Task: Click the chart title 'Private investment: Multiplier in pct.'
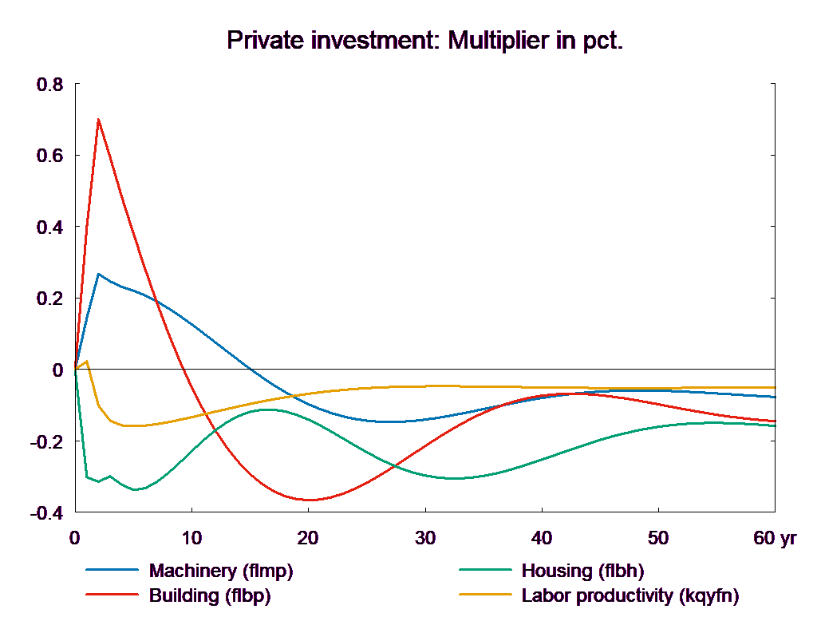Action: coord(424,40)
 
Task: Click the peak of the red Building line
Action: coord(98,119)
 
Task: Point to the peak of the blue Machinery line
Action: coord(98,274)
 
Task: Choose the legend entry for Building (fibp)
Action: coord(210,595)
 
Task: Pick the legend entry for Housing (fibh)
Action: coord(582,571)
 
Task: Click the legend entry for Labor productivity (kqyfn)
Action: coord(630,595)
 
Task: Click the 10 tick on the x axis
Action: coord(191,538)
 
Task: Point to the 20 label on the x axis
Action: coord(308,538)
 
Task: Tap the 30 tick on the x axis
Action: coord(424,538)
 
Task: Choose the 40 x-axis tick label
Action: coord(541,538)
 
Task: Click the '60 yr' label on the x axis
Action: coord(775,538)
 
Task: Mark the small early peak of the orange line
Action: coord(87,362)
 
